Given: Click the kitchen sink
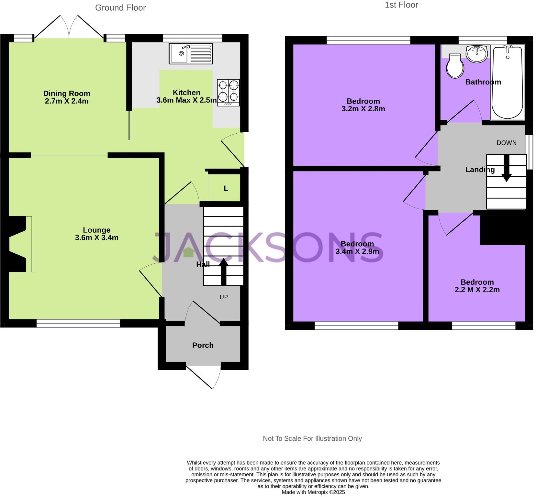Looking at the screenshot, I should pyautogui.click(x=190, y=54).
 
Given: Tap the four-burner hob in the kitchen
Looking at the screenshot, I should pyautogui.click(x=229, y=92).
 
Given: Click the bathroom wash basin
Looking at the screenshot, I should pyautogui.click(x=476, y=54).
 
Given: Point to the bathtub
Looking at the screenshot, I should pyautogui.click(x=507, y=83).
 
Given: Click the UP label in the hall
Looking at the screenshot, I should pyautogui.click(x=224, y=297).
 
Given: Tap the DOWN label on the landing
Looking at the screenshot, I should pyautogui.click(x=506, y=143).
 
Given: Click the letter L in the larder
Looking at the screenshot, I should pyautogui.click(x=226, y=188).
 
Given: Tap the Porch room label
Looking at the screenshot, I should pyautogui.click(x=203, y=345).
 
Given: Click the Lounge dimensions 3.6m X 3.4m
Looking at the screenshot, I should pyautogui.click(x=96, y=238).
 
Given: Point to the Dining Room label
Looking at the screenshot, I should pyautogui.click(x=67, y=94).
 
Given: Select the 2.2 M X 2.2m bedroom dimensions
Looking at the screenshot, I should pyautogui.click(x=477, y=290).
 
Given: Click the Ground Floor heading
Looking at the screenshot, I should pyautogui.click(x=120, y=8).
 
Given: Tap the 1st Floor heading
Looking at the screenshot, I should pyautogui.click(x=401, y=5).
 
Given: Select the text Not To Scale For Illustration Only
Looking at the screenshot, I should pyautogui.click(x=312, y=438).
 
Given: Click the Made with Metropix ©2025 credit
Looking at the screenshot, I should pyautogui.click(x=313, y=492).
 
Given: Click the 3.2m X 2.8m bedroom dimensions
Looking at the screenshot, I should pyautogui.click(x=363, y=109).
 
